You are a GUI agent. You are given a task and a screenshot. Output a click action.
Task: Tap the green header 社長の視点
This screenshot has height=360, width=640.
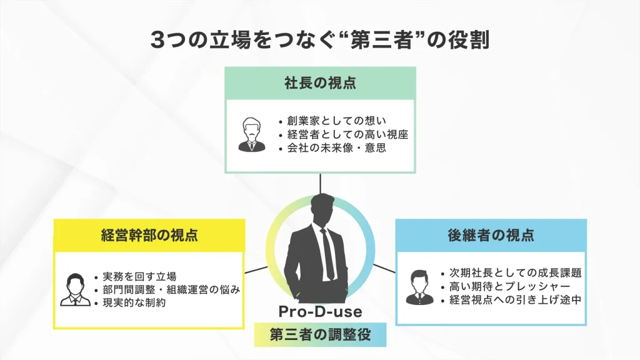coord(320,84)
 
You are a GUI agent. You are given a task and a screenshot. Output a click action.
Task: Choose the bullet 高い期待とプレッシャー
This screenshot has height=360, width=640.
coord(505,286)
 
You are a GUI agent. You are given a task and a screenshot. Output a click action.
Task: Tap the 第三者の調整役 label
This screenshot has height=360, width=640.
coord(320,334)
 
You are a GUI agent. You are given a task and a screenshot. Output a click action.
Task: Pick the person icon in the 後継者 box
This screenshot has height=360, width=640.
coord(420,287)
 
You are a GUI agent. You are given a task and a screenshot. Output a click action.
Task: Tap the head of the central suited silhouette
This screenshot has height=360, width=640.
coord(322,209)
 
